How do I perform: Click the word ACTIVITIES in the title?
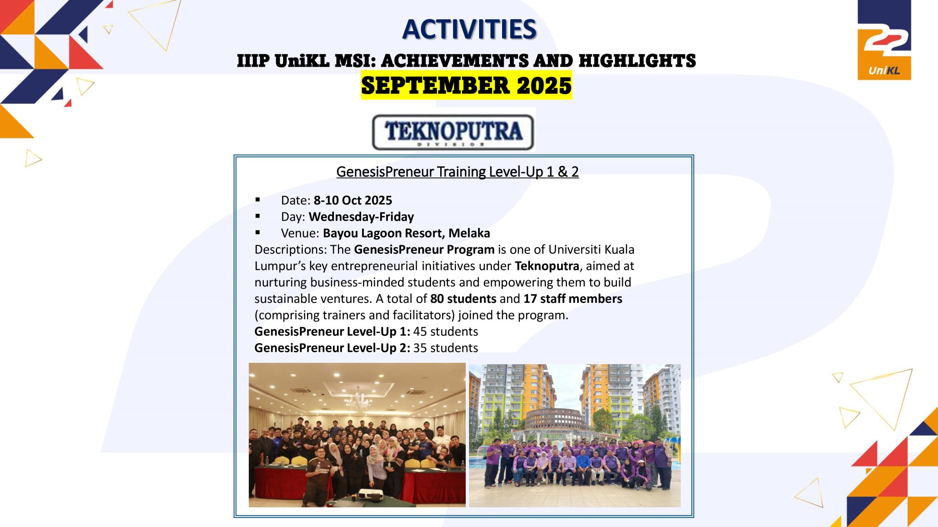coord(469,30)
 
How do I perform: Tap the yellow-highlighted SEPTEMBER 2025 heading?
coord(466,86)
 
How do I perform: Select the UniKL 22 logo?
coord(884,40)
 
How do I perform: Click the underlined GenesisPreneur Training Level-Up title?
coord(458,172)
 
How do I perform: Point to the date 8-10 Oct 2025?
coord(353,200)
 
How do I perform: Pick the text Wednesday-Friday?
coord(361,217)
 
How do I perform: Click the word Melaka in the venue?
coord(469,233)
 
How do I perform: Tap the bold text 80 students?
coord(463,299)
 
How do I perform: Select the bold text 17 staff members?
coord(573,299)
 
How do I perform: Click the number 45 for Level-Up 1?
coord(420,332)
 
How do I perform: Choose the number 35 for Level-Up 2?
coord(420,348)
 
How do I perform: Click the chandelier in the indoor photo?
coord(358,401)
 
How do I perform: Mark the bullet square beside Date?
coord(258,199)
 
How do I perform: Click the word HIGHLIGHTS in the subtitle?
coord(637,61)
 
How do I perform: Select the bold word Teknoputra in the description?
coord(547,266)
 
